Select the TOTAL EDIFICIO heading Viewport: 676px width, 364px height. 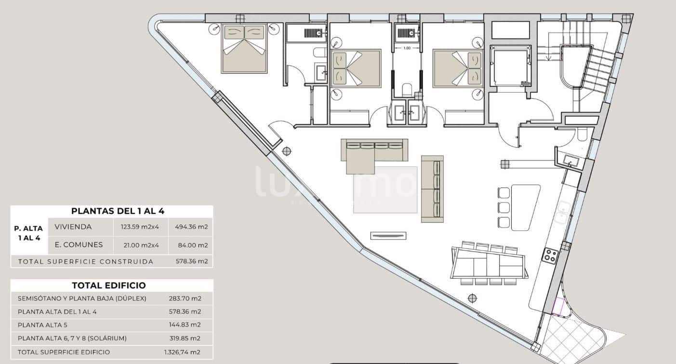coord(108,285)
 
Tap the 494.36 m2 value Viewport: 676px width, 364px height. coord(192,227)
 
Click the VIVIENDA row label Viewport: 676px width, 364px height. coord(73,227)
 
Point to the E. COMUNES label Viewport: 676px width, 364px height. coord(79,245)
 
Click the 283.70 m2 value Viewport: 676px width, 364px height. coord(185,298)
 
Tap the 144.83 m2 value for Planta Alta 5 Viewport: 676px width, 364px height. coord(185,325)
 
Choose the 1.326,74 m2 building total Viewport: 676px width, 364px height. coord(183,352)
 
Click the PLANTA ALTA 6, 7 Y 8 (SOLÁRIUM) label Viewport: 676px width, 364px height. coord(72,338)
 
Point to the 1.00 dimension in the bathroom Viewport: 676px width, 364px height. coord(407,48)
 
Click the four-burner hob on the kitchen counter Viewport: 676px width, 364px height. coord(550,255)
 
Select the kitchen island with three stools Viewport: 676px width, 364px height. coord(525,207)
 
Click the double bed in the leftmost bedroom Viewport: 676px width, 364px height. coord(244,49)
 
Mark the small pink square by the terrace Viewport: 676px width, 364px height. coord(559,307)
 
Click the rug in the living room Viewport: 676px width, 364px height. coord(385,190)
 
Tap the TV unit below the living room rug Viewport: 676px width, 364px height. coord(389,235)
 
